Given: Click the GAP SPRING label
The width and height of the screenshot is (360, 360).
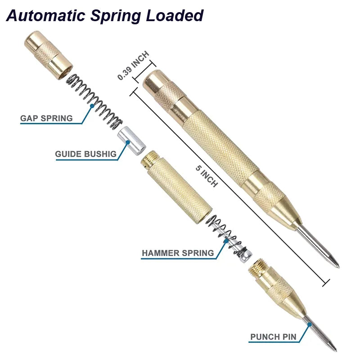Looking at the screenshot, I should tap(46, 118).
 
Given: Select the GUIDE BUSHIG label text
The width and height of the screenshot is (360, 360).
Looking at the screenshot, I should tap(86, 154).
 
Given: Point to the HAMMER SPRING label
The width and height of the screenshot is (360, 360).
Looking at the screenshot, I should tap(178, 253).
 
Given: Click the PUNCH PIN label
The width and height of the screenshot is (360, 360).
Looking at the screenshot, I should tap(273, 337).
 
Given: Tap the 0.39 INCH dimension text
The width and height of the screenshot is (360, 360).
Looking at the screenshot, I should tap(133, 66).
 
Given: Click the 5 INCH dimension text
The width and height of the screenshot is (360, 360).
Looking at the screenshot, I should tap(207, 177).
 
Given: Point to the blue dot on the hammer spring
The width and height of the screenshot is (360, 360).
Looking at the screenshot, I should tap(227, 240).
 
